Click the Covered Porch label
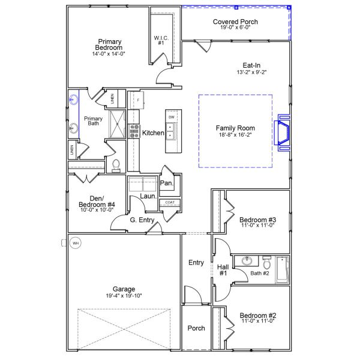click(236, 22)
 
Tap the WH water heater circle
click(75, 243)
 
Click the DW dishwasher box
click(171, 116)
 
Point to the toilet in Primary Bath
click(116, 164)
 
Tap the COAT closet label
click(170, 203)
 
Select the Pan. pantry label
click(167, 183)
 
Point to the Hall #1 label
click(223, 270)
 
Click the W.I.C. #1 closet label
click(160, 41)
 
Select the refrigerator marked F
click(137, 100)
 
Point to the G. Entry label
click(143, 220)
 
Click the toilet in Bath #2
click(266, 263)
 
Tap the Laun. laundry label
click(148, 196)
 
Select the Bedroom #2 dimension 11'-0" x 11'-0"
click(257, 322)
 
